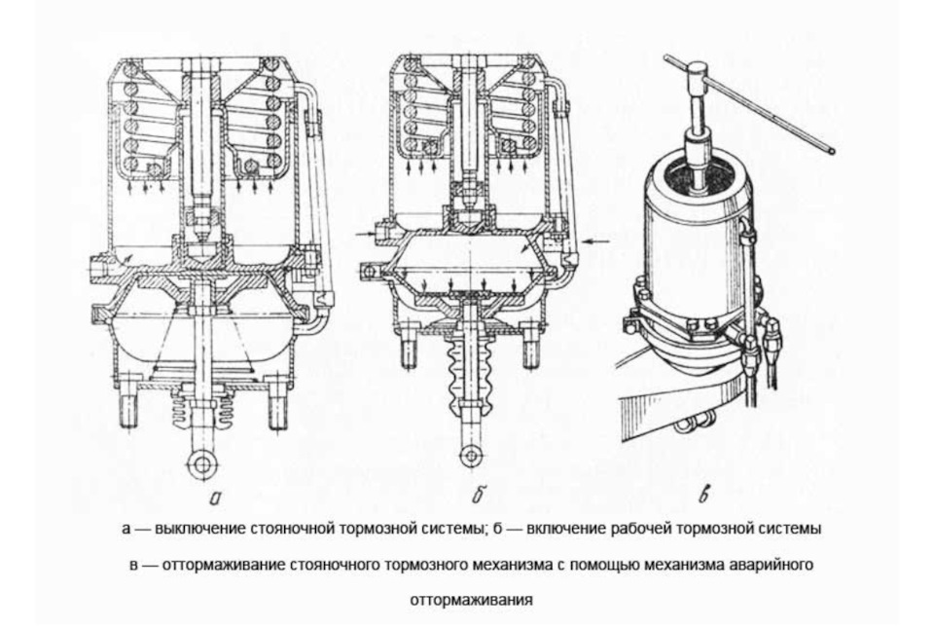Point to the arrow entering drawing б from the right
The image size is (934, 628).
coord(597,241)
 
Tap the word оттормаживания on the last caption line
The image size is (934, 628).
coord(471,600)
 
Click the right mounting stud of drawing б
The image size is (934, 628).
coord(530,351)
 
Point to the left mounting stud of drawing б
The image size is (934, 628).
coord(410,351)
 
